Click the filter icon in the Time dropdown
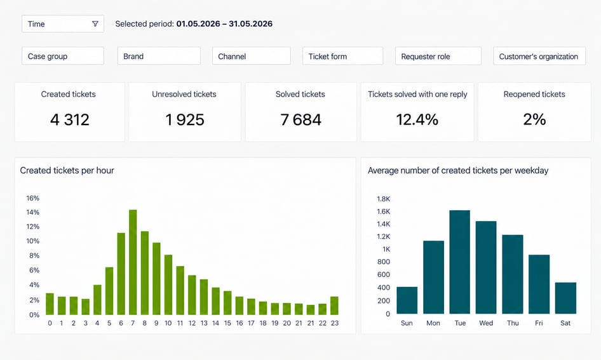(95, 23)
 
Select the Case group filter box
(63, 56)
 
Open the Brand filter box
(159, 56)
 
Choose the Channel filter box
(252, 56)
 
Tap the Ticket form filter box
(342, 56)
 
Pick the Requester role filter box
(438, 56)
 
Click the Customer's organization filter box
(539, 56)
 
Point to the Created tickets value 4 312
(70, 120)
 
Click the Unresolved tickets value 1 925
(185, 120)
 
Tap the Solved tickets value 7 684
(301, 120)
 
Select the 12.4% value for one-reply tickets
(417, 120)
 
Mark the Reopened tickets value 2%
(534, 119)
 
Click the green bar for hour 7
(133, 262)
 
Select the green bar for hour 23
(334, 305)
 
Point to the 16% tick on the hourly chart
(33, 198)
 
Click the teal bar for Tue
(459, 262)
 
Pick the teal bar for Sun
(407, 300)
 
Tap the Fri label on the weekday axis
(539, 323)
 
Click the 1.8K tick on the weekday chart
(383, 199)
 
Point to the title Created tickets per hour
(67, 170)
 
